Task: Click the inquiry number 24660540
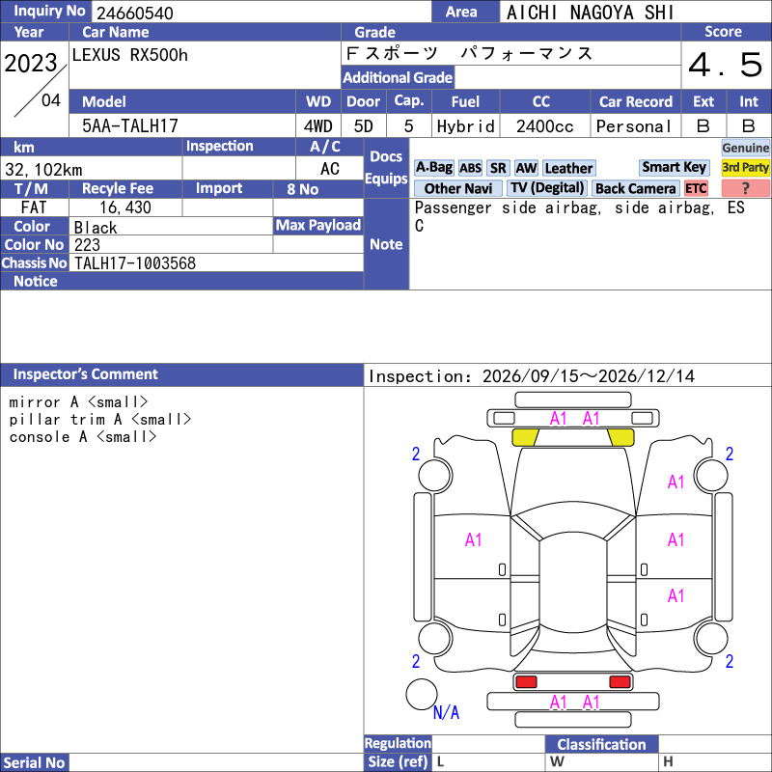(135, 13)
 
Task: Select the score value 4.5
(725, 65)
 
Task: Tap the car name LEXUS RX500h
(130, 55)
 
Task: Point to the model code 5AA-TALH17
(130, 125)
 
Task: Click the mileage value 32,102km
(43, 170)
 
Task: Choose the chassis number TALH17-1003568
(135, 262)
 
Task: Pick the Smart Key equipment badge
(674, 167)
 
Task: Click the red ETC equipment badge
(696, 188)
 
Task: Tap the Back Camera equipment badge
(635, 188)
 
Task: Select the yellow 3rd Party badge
(745, 167)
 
